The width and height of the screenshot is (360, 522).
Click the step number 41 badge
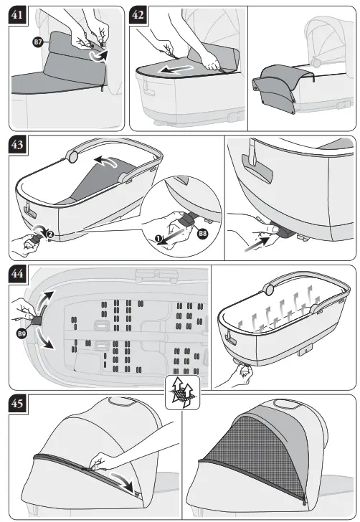18,15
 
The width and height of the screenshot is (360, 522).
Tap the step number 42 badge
138,15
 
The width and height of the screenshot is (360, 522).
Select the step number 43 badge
18,145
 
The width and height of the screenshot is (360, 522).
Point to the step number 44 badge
18,274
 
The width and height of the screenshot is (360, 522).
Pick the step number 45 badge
18,404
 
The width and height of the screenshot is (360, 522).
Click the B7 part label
37,42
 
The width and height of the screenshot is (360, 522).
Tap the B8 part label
202,233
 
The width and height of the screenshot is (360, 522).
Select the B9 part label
22,333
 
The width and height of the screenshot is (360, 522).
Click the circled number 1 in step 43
158,238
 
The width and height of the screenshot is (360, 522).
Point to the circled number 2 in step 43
49,234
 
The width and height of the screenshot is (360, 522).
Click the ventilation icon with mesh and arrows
182,392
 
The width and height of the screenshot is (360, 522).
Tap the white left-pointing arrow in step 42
175,70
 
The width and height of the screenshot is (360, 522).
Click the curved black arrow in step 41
100,57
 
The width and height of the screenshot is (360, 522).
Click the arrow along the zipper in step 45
124,480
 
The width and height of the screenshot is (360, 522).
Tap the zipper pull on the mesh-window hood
304,500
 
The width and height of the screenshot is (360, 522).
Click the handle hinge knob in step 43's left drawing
72,156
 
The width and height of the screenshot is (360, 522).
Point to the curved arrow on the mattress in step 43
106,161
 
